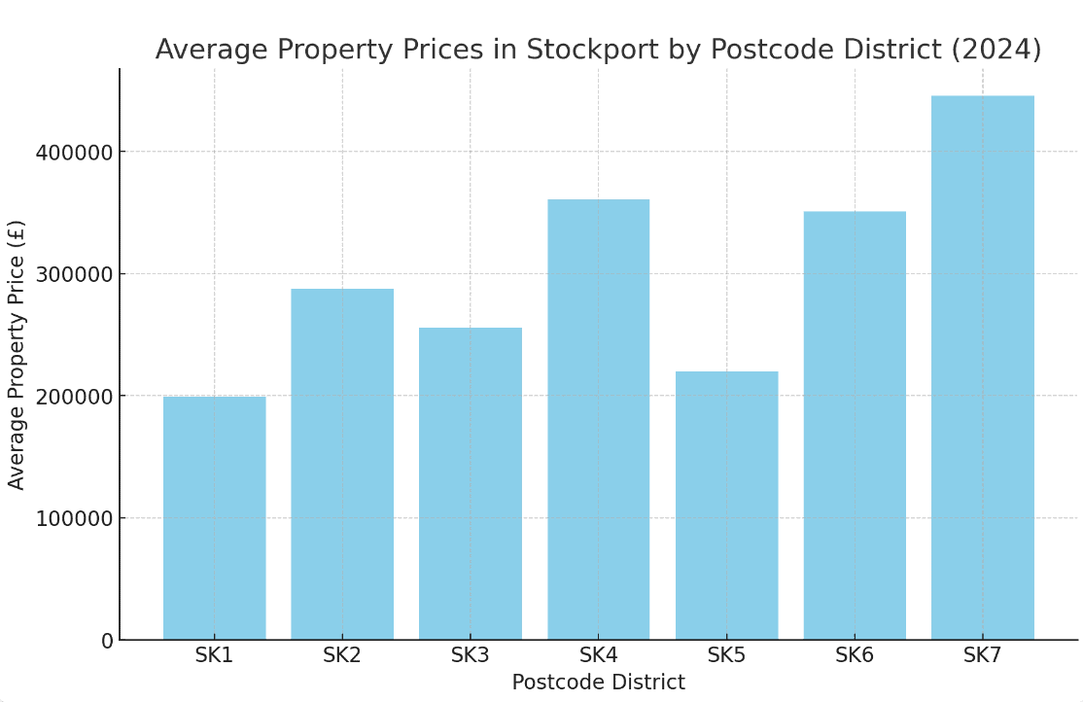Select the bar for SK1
pyautogui.click(x=214, y=517)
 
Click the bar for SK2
pyautogui.click(x=342, y=464)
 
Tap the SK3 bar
pyautogui.click(x=471, y=483)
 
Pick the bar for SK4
pyautogui.click(x=598, y=419)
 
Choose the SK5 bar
pyautogui.click(x=726, y=505)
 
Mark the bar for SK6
pyautogui.click(x=855, y=425)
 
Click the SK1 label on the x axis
pyautogui.click(x=214, y=655)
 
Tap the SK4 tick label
pyautogui.click(x=598, y=655)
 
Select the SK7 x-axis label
pyautogui.click(x=982, y=655)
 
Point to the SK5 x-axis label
pyautogui.click(x=726, y=655)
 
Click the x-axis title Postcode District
pyautogui.click(x=598, y=683)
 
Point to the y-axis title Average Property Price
pyautogui.click(x=17, y=354)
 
